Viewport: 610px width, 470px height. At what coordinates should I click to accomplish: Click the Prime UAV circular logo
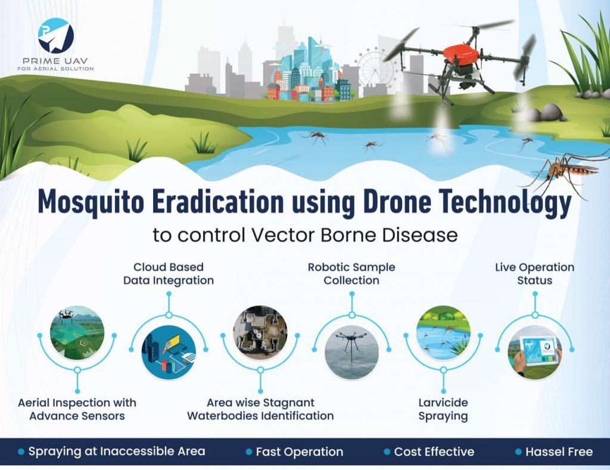[x=56, y=35]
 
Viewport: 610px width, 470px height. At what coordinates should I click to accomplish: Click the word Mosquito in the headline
[x=91, y=202]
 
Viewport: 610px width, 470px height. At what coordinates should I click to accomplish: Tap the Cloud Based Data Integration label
[x=169, y=273]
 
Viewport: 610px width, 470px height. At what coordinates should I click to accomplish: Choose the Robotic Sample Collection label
[x=351, y=273]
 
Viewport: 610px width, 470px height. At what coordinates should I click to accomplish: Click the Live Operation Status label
[x=534, y=273]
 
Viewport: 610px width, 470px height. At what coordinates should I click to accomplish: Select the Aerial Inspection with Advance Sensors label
[x=77, y=409]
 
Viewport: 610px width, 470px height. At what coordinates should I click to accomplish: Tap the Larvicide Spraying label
[x=443, y=409]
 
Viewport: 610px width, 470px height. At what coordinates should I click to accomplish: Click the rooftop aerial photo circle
[x=260, y=332]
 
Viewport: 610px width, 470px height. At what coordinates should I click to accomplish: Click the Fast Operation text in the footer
[x=300, y=452]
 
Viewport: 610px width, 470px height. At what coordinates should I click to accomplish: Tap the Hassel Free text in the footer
[x=559, y=452]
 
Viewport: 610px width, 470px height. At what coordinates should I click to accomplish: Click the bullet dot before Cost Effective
[x=387, y=452]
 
